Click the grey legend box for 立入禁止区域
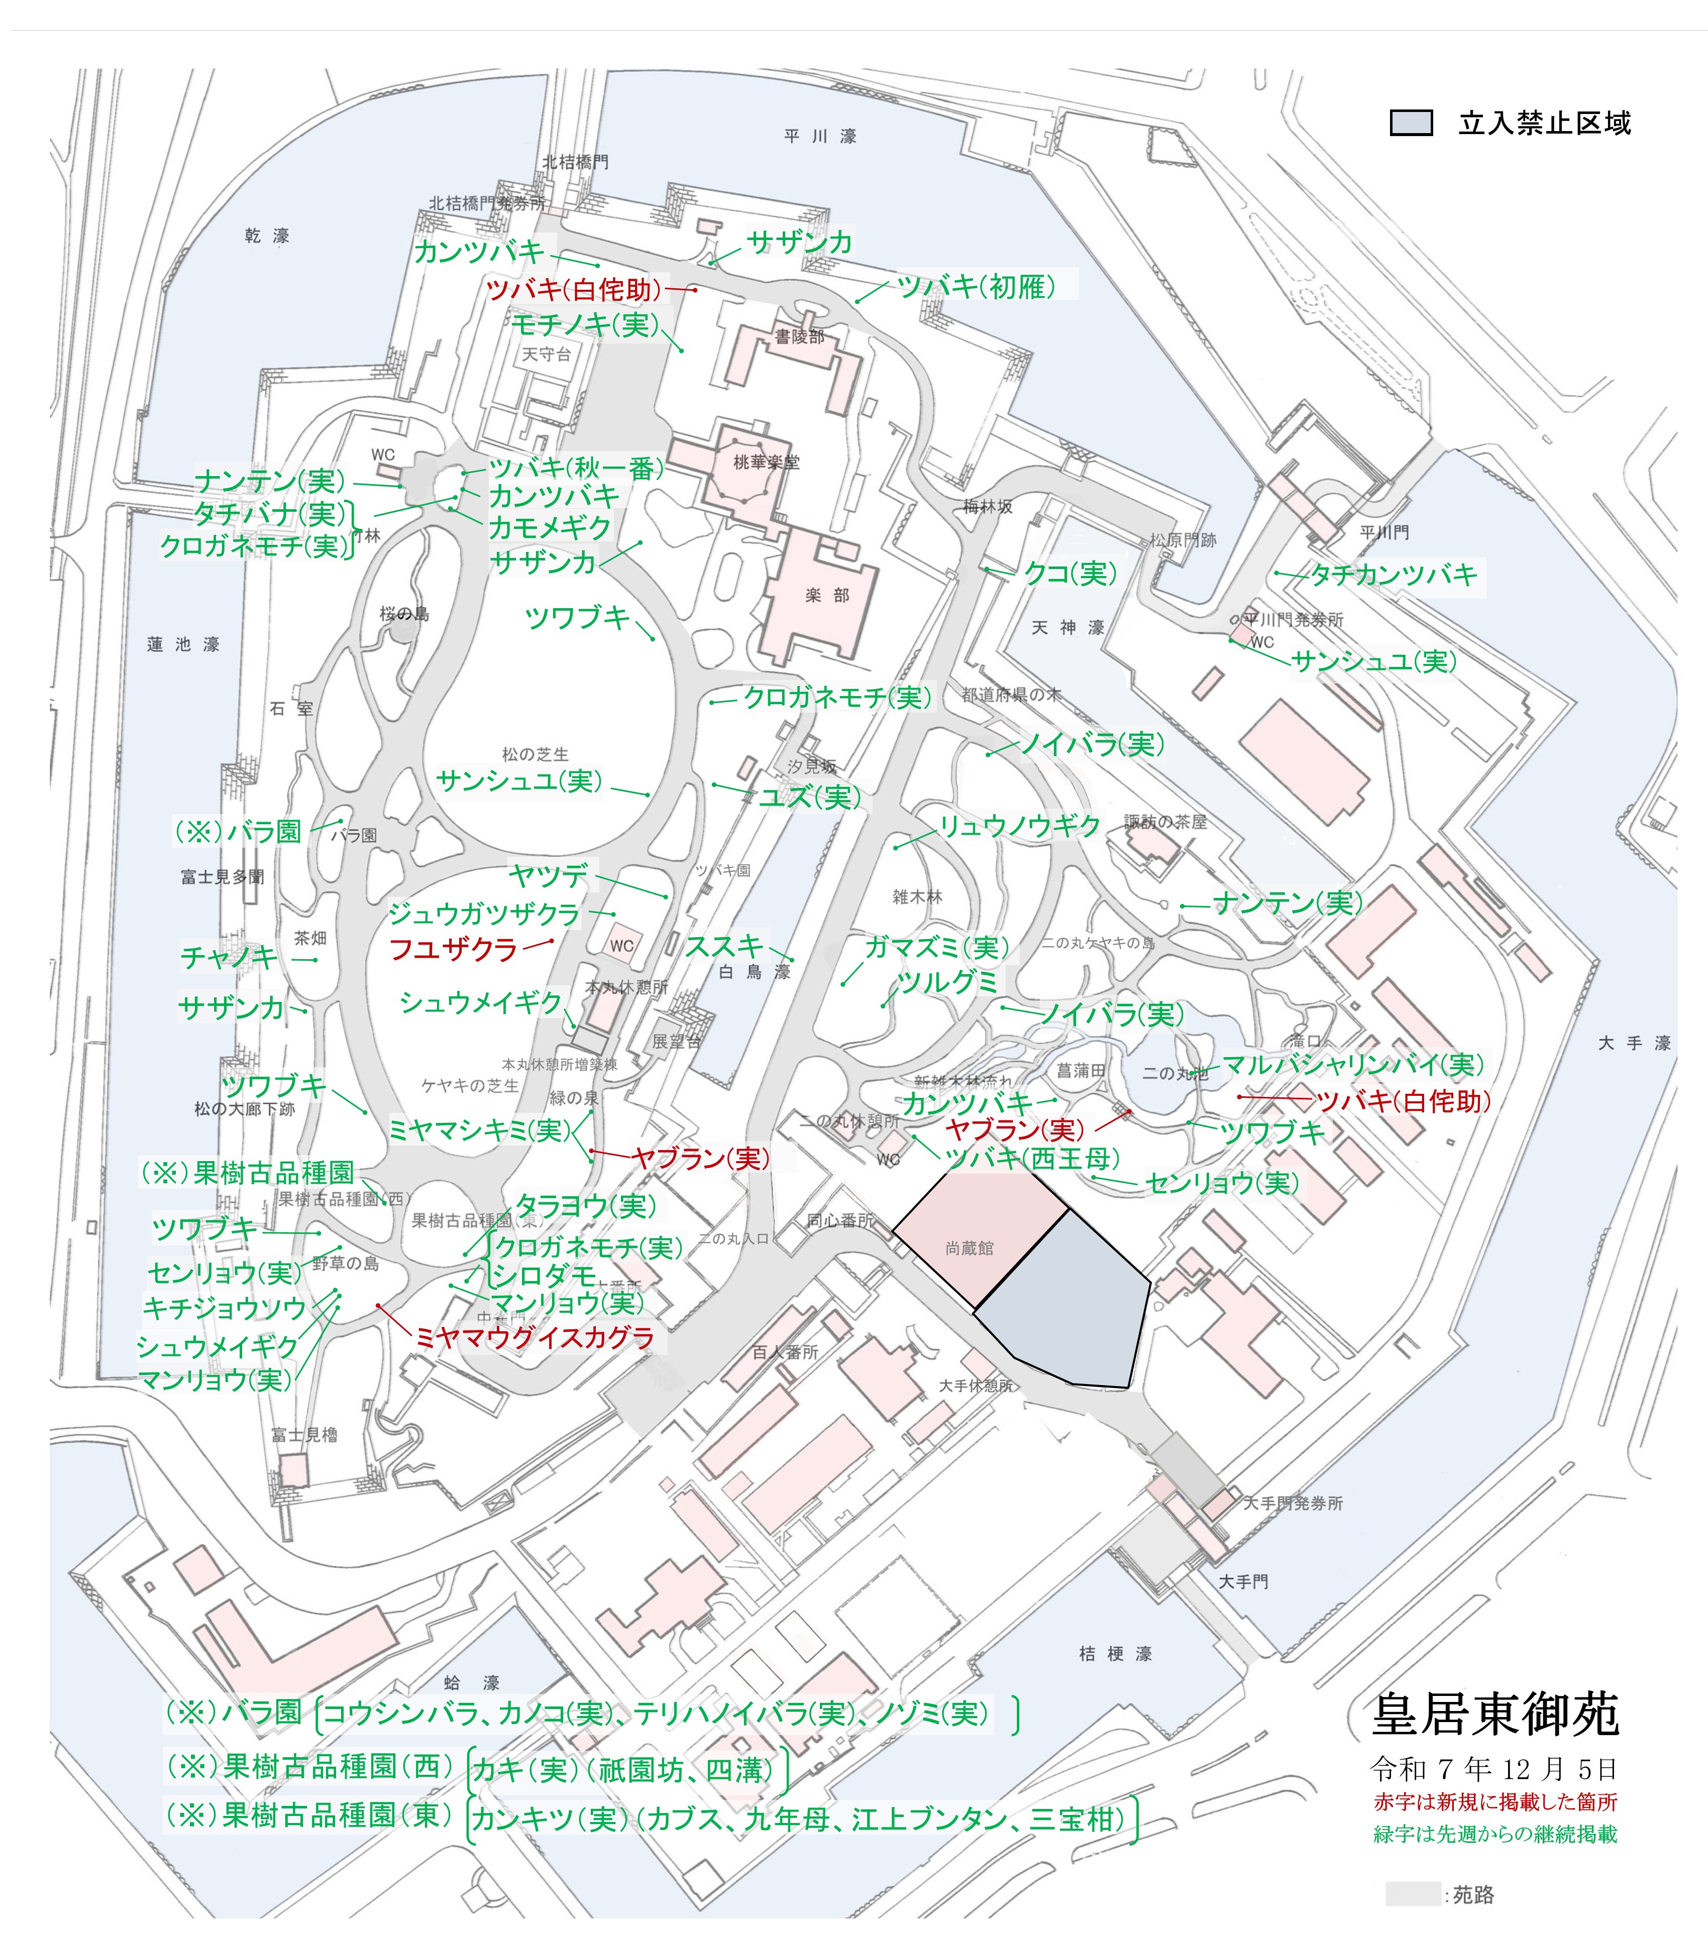[1411, 123]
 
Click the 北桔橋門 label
[575, 162]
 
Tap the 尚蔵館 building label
[969, 1248]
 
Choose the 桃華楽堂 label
[767, 462]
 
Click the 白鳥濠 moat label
[754, 972]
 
